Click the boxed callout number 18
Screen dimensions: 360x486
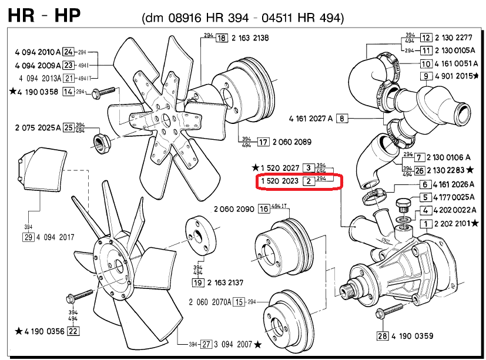[222, 38]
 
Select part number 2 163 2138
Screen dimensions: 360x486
[250, 38]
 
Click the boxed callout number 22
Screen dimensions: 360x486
[73, 331]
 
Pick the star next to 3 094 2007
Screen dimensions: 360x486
[258, 344]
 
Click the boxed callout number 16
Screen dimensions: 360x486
[263, 208]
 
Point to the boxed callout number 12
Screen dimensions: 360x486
[426, 38]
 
